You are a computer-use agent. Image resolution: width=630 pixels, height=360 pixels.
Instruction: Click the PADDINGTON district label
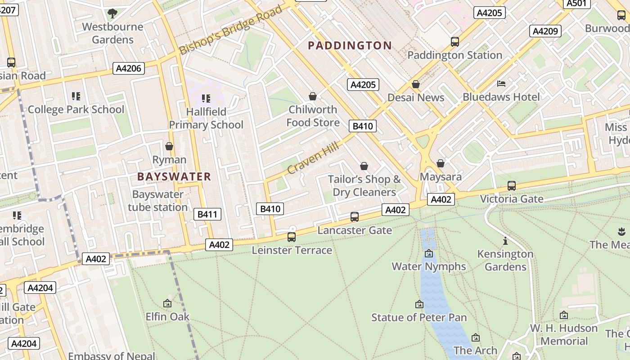tap(350, 45)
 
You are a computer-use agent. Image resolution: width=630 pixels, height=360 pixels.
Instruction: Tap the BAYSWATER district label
tap(174, 177)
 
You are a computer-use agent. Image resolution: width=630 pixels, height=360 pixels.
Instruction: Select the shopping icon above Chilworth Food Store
tap(313, 96)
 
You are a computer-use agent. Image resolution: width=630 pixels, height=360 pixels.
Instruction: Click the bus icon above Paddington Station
tap(455, 42)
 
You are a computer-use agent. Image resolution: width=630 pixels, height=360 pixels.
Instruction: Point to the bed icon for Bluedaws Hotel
tap(501, 84)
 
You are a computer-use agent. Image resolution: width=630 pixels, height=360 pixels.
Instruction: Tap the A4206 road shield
tap(129, 69)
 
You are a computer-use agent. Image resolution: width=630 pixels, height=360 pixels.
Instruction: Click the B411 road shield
tap(207, 214)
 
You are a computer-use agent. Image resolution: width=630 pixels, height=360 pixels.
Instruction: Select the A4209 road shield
tap(545, 31)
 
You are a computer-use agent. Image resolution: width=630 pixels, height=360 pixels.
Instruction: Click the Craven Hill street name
tap(313, 156)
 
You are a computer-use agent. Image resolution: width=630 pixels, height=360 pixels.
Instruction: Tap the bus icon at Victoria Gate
tap(511, 185)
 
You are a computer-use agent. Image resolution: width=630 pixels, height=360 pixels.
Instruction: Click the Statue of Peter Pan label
tap(419, 317)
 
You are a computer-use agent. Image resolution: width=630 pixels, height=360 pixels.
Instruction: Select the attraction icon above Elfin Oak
tap(167, 303)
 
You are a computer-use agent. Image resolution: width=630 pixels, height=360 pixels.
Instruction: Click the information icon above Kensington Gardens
tap(505, 241)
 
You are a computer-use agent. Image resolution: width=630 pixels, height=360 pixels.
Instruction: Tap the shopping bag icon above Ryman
tap(169, 146)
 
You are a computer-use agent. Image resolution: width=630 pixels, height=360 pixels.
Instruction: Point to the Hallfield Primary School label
tap(206, 118)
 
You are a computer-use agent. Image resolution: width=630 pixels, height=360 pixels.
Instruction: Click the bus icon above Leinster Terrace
tap(292, 237)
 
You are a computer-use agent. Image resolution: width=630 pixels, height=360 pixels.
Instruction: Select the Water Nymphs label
tap(429, 266)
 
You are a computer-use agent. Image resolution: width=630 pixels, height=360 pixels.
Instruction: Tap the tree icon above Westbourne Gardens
tap(112, 13)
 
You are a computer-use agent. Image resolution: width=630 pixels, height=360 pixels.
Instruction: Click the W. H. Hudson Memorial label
tap(564, 334)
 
